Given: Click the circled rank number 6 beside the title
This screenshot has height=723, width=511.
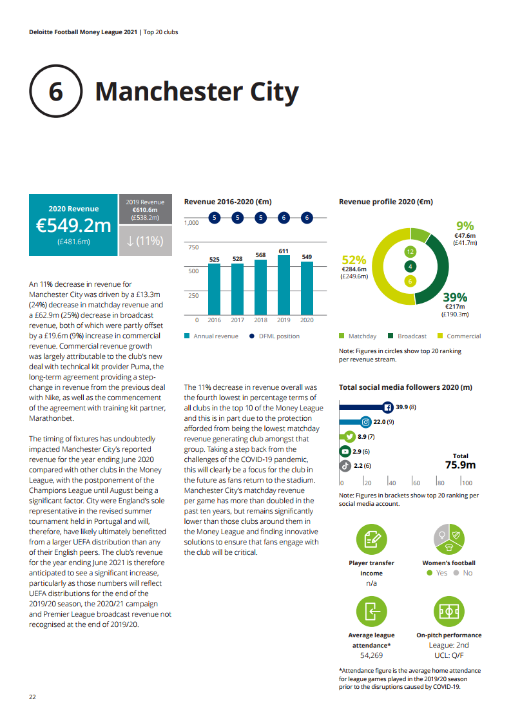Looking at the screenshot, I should click(x=55, y=92).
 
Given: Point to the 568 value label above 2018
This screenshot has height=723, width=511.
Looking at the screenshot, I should click(x=260, y=255).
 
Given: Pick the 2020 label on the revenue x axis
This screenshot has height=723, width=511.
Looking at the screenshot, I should click(x=307, y=320).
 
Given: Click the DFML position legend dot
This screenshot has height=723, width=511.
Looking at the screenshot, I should click(x=251, y=336).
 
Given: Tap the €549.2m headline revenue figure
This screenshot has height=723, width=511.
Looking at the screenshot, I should click(x=73, y=226).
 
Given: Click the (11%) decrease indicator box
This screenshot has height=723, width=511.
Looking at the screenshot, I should click(x=146, y=240).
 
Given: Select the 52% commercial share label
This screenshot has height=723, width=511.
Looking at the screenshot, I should click(x=354, y=260).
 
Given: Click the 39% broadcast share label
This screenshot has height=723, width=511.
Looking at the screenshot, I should click(x=455, y=297).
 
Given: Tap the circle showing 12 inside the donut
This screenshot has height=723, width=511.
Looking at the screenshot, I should click(x=409, y=252).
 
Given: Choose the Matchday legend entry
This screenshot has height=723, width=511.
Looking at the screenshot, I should click(x=358, y=336).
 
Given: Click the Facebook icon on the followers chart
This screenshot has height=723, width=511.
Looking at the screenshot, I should click(x=388, y=407).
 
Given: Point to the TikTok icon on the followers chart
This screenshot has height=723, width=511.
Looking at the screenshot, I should click(x=345, y=465).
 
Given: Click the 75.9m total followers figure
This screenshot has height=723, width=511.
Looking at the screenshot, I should click(x=460, y=465).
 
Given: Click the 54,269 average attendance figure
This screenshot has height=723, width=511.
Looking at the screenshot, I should click(x=372, y=655).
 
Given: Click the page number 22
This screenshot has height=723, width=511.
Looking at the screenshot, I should click(x=32, y=697).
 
